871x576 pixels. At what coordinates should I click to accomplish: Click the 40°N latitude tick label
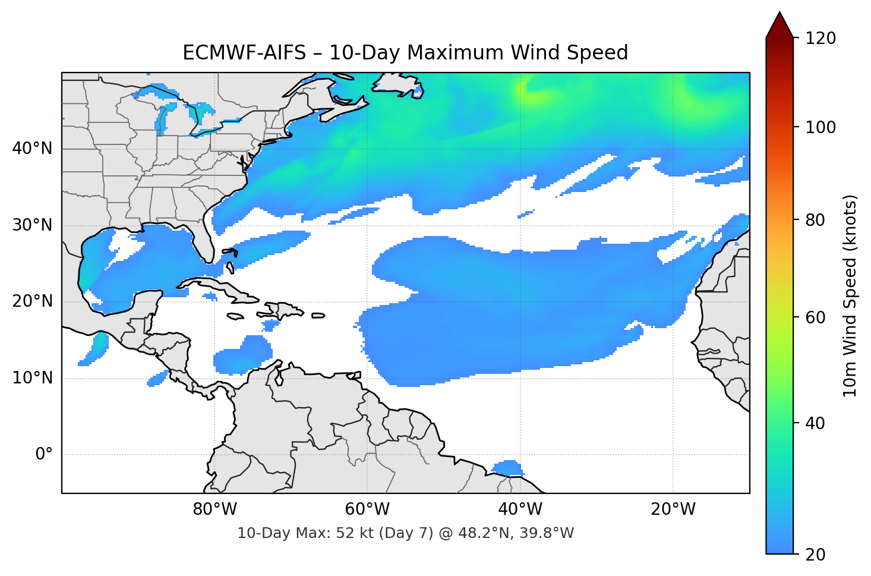coord(32,149)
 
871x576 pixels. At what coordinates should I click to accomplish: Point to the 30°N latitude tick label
coord(32,225)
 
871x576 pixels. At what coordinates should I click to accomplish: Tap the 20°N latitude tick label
coord(32,301)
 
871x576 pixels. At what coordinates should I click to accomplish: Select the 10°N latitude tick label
coord(32,378)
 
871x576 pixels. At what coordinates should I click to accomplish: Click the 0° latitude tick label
coord(43,455)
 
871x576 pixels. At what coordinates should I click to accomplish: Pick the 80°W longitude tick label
coord(214,509)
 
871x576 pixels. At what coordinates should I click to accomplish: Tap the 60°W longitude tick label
coord(367,509)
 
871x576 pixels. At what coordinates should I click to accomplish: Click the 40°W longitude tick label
coord(520,509)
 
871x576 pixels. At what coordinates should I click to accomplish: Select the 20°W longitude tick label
coord(673,509)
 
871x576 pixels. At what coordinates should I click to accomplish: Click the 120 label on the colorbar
coord(820,38)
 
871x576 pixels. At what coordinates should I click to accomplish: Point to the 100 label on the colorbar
coord(820,127)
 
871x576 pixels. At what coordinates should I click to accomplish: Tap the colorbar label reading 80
coord(815,220)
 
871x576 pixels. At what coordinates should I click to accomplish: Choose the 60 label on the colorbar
coord(815,317)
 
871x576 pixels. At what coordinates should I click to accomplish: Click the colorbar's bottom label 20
coord(815,555)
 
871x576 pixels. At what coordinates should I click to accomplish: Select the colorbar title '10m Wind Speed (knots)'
coord(850,296)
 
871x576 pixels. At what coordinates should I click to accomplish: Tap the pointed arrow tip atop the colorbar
coord(780,14)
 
